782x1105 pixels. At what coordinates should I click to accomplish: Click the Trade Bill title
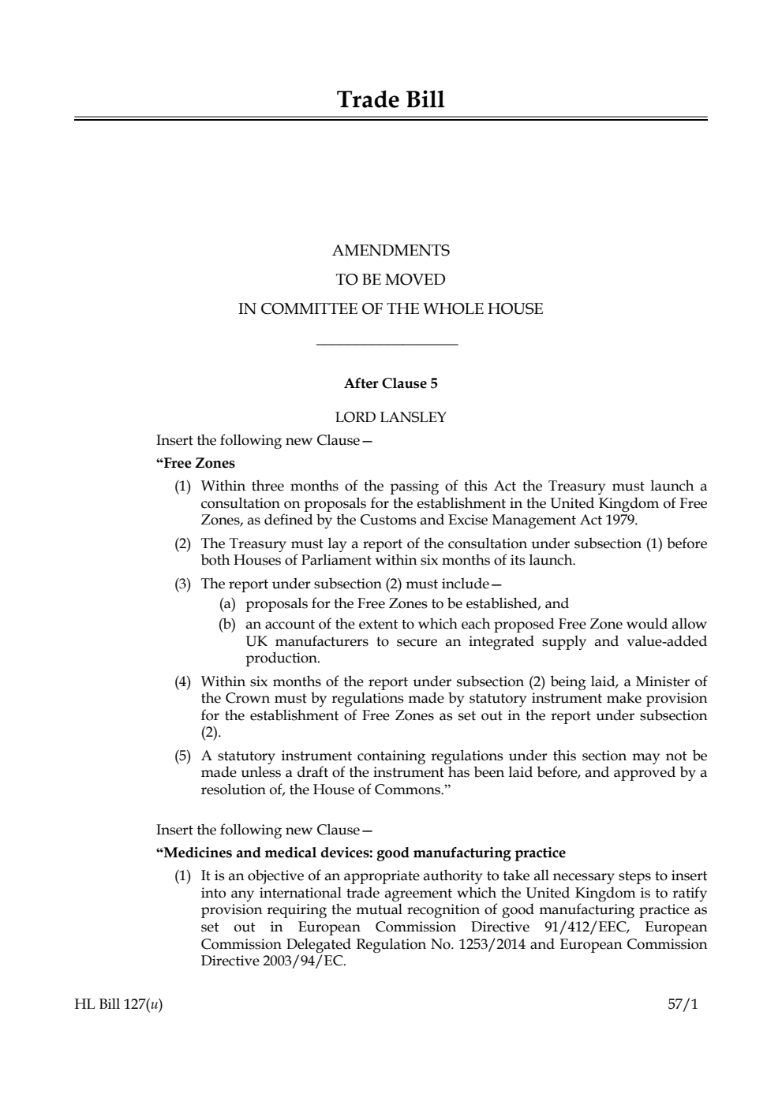coord(391,100)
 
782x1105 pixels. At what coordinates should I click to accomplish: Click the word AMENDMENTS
coord(391,251)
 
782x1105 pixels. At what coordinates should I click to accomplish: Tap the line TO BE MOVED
coord(391,280)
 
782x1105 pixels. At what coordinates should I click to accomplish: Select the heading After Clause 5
coord(391,384)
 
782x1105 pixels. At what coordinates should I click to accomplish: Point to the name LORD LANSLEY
coord(391,417)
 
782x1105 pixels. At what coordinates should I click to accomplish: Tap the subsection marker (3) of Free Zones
coord(182,584)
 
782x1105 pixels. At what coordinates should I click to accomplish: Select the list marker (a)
coord(227,604)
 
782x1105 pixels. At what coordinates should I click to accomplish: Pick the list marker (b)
coord(227,624)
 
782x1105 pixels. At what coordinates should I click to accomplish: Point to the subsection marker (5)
coord(182,756)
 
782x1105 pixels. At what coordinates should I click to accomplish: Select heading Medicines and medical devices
coord(361,853)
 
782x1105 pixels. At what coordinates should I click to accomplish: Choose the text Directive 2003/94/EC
coord(273,961)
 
